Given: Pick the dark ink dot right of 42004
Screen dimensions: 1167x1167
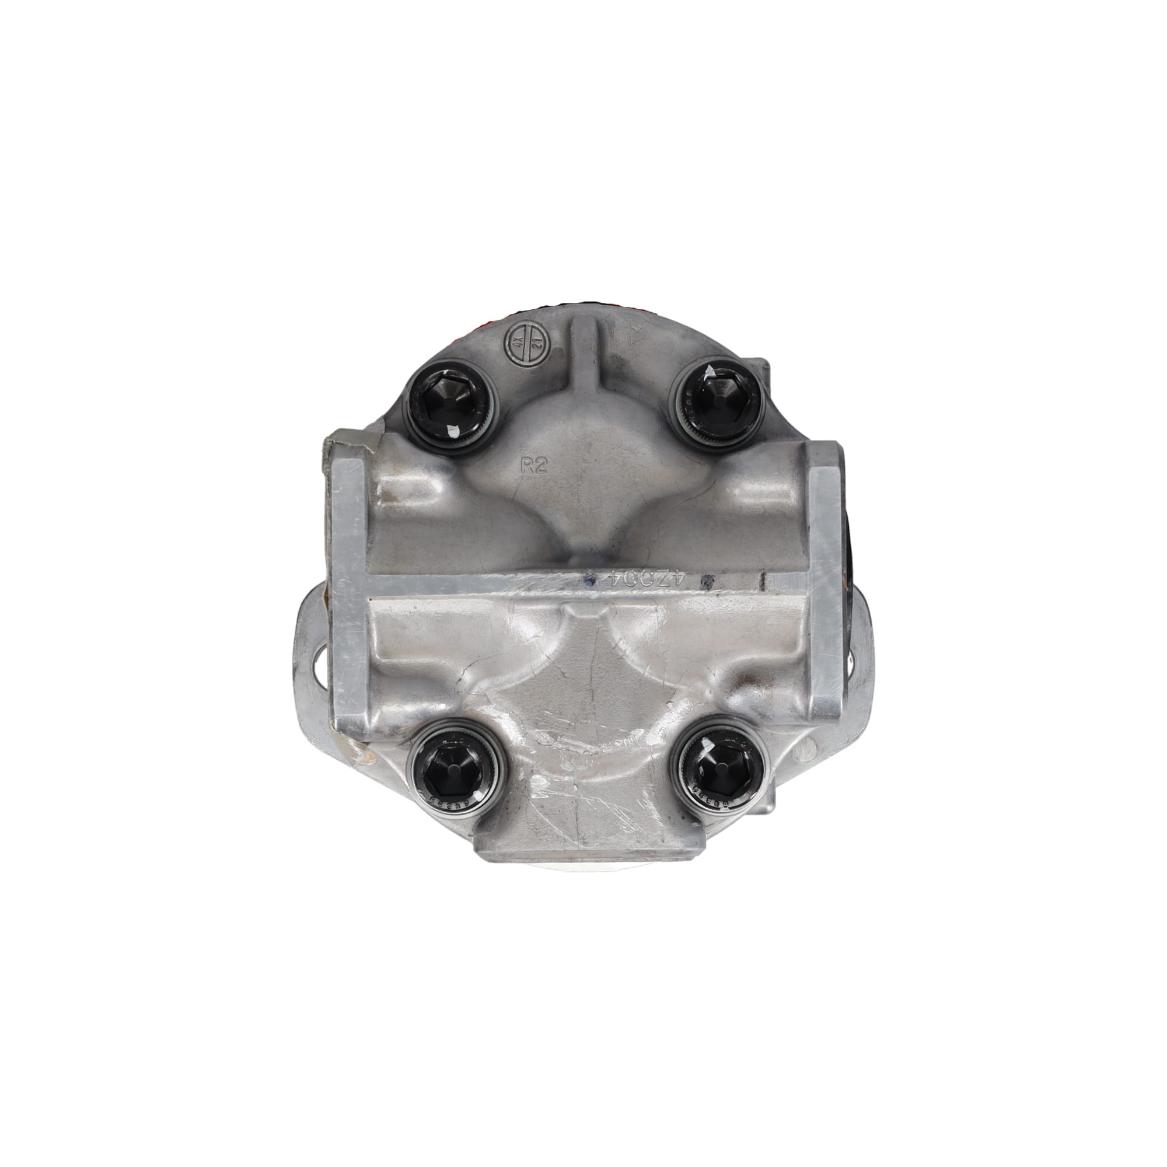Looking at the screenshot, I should (702, 582).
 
